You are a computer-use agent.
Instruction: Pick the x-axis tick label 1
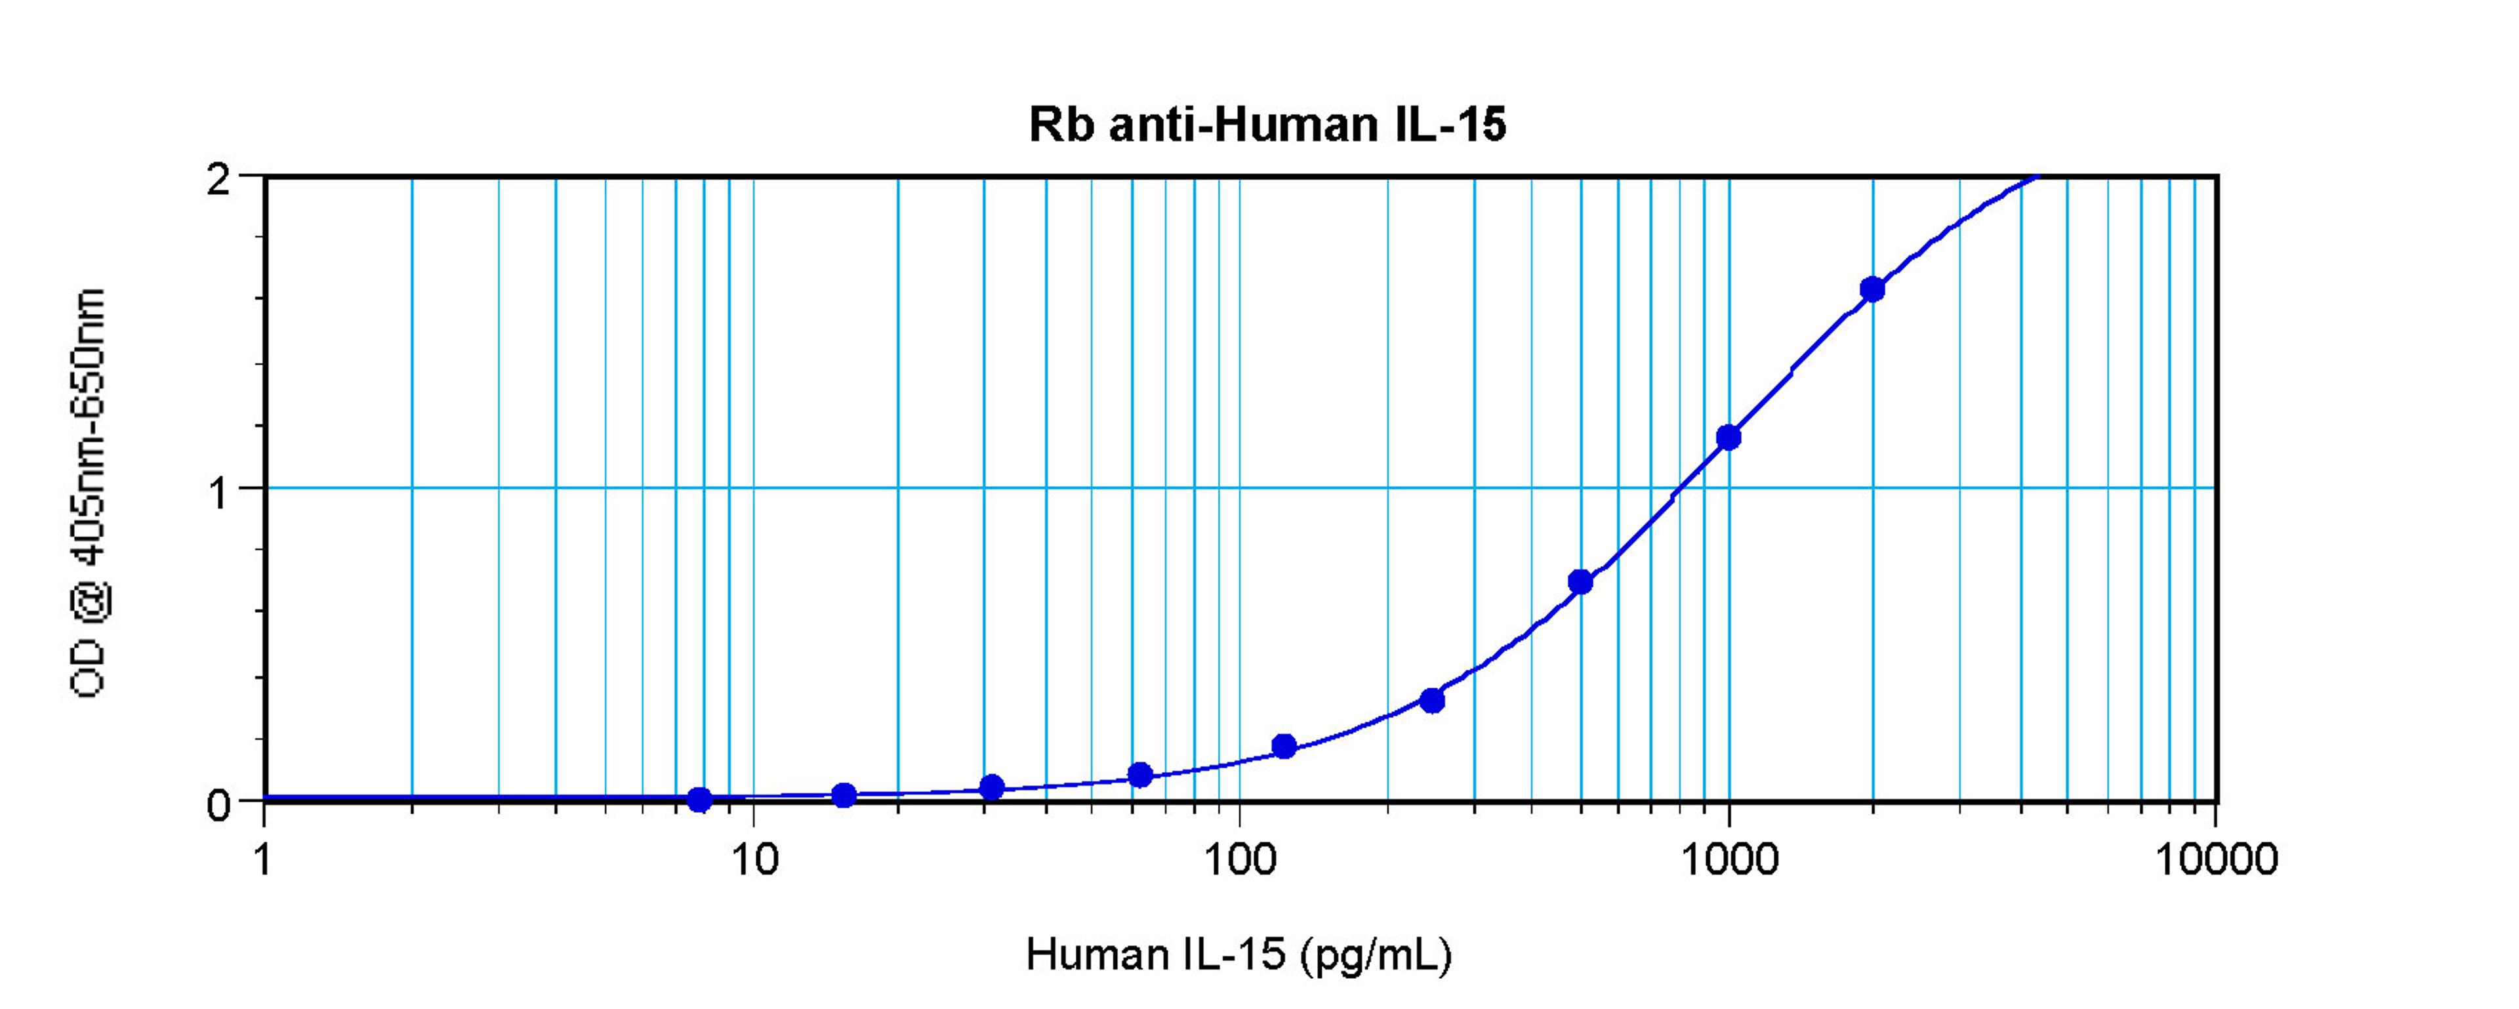(262, 859)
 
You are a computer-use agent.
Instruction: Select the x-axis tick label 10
(753, 859)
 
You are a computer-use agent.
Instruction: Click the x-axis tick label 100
(1240, 859)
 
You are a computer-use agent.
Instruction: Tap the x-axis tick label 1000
(1729, 859)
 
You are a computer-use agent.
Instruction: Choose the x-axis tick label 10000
(2216, 859)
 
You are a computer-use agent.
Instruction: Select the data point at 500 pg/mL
(1580, 582)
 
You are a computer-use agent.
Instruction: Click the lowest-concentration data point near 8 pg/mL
(699, 800)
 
